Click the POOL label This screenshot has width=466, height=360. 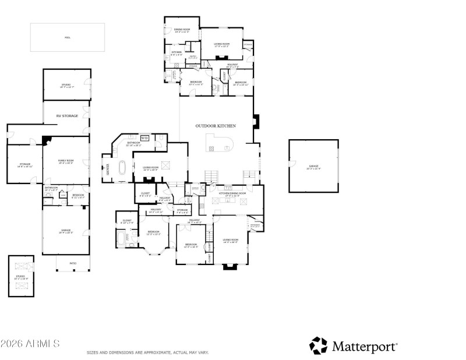[x=67, y=37]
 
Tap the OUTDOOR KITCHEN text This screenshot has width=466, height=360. [x=216, y=126]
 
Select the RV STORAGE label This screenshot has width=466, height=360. [x=66, y=116]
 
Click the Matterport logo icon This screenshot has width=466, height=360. [x=319, y=345]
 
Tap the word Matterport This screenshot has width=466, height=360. [x=365, y=346]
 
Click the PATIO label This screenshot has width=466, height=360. [x=73, y=263]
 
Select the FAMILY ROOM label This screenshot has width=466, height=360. [x=65, y=163]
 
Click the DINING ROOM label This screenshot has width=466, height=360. [x=182, y=30]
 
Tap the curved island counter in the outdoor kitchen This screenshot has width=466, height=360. [x=218, y=143]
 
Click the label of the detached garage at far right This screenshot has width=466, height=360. [x=314, y=167]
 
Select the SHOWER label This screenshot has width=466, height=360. [x=108, y=170]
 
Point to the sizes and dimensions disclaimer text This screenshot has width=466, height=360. [x=147, y=352]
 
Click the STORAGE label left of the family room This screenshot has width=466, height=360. [x=24, y=165]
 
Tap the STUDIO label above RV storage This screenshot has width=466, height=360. [x=66, y=86]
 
